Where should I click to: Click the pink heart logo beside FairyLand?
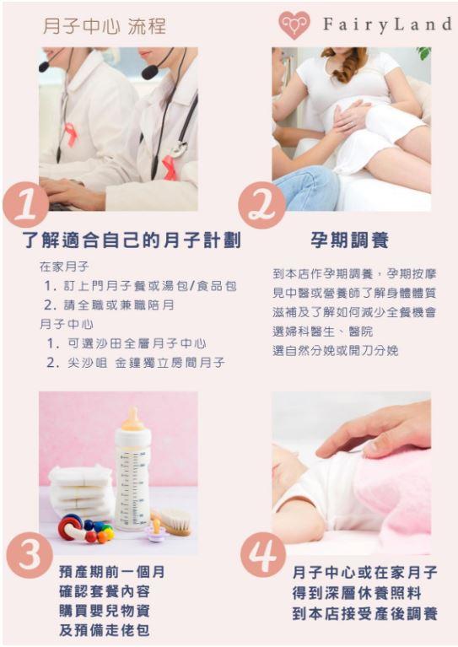pos(294,24)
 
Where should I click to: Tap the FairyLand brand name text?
pos(387,24)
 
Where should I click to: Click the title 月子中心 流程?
pos(105,26)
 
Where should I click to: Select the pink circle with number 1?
pos(26,204)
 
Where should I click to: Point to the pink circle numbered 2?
pos(262,205)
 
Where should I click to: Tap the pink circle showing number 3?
pos(30,554)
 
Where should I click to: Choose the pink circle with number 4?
pos(263,554)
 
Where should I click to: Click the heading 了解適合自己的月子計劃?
pos(132,240)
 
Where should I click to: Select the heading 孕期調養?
pos(349,240)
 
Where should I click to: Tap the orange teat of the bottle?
pos(133,418)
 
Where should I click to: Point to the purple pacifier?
pos(155,531)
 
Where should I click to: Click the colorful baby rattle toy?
pos(85,529)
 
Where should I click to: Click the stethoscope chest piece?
pos(179,149)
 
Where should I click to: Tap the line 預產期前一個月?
pos(112,572)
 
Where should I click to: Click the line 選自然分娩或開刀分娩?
pos(335,350)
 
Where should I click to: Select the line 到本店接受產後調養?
pos(364,613)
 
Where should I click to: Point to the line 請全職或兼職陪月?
pos(109,305)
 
